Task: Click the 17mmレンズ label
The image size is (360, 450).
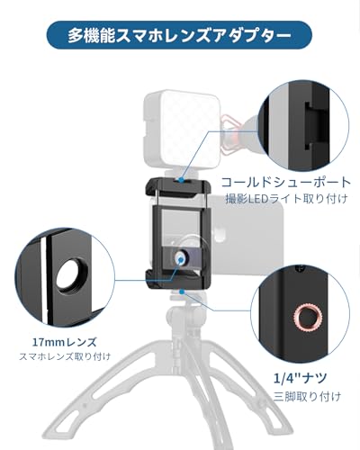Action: tap(49, 343)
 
